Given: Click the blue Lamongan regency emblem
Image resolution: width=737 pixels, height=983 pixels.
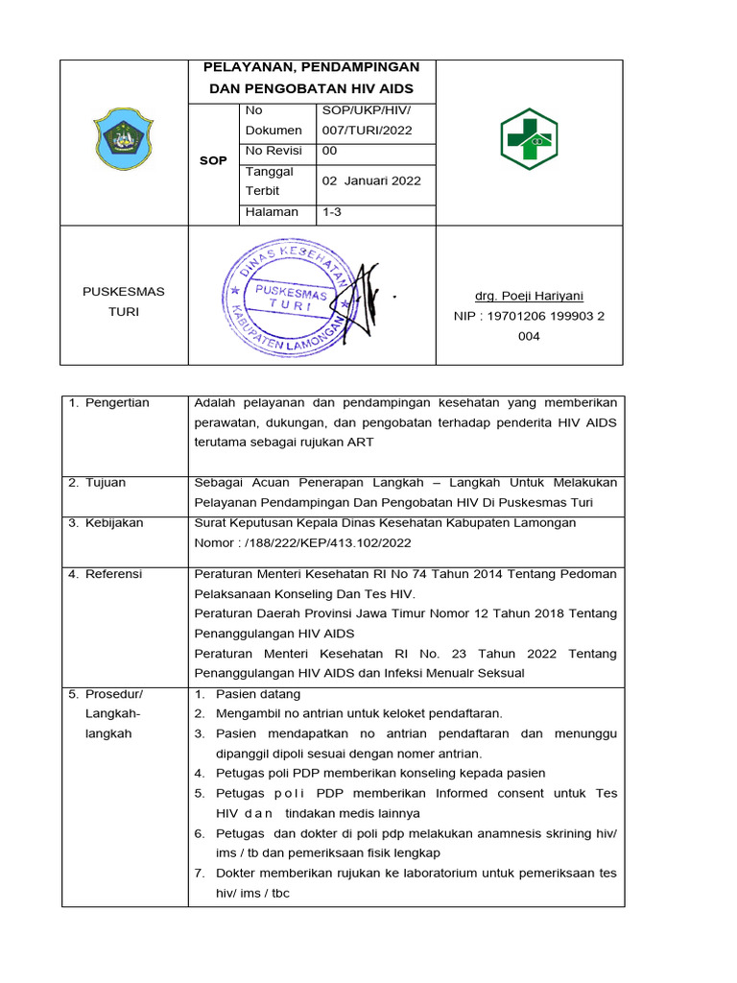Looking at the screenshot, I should (124, 139).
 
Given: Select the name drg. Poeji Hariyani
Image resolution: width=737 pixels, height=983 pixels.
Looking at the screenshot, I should (529, 296).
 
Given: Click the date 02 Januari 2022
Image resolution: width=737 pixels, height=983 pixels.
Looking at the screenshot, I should (370, 180).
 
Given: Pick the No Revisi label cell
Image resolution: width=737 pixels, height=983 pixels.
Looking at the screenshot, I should (273, 151).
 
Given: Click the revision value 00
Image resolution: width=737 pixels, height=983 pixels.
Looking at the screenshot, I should (329, 151).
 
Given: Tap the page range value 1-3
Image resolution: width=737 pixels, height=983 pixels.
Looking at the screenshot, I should (331, 212).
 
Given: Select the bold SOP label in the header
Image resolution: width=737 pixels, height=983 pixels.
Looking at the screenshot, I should (213, 160).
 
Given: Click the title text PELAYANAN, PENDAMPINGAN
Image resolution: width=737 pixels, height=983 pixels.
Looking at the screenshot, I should (312, 67).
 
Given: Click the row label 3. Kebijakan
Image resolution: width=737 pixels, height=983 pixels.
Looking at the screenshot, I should (106, 522).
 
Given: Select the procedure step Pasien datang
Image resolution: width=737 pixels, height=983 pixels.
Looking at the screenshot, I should (257, 693).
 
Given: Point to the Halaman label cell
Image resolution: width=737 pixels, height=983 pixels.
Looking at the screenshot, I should (272, 212).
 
